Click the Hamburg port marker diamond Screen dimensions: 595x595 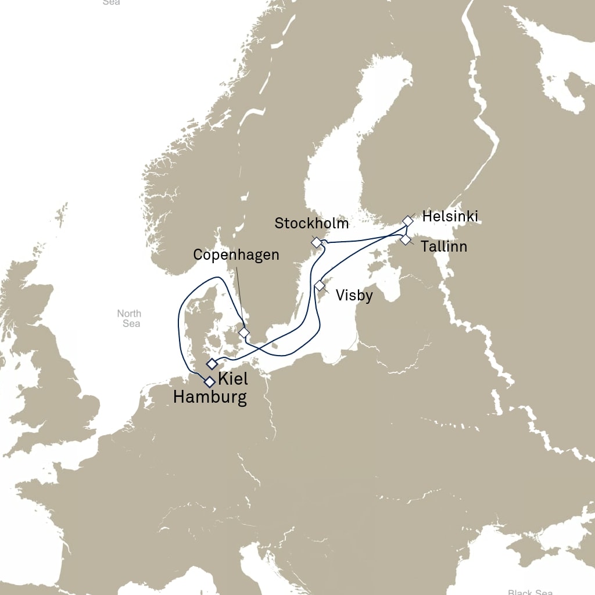(x=209, y=382)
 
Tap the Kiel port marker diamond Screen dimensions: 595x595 (x=212, y=364)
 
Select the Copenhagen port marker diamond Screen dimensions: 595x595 (x=244, y=332)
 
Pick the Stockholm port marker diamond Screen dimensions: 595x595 (x=316, y=242)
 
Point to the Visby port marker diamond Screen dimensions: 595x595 (x=320, y=285)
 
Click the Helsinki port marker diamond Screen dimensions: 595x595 (x=408, y=221)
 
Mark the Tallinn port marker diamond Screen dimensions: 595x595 (x=406, y=239)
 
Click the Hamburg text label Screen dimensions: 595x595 (x=209, y=397)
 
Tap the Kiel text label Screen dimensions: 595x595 (x=232, y=379)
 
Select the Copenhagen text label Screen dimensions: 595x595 (x=236, y=255)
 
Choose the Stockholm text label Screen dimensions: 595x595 (x=311, y=223)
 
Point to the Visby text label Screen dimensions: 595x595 (x=354, y=296)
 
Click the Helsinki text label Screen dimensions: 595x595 (x=450, y=217)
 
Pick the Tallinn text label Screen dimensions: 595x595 (x=444, y=247)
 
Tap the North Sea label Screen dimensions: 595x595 (x=129, y=318)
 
